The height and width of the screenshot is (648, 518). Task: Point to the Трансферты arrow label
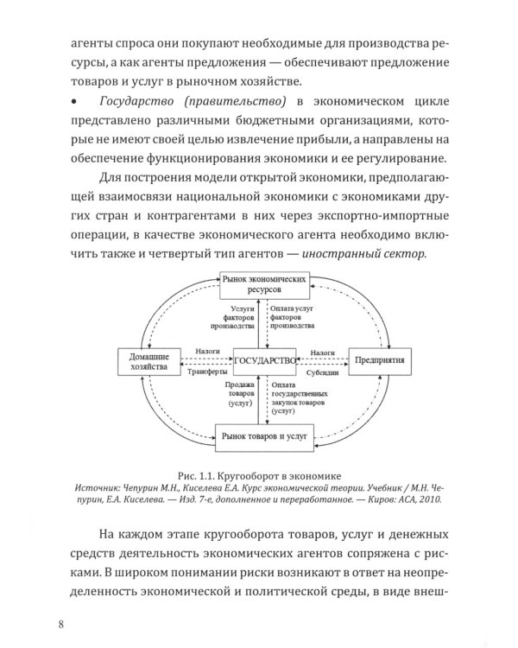pos(204,372)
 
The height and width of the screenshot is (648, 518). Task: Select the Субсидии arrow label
pos(325,372)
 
